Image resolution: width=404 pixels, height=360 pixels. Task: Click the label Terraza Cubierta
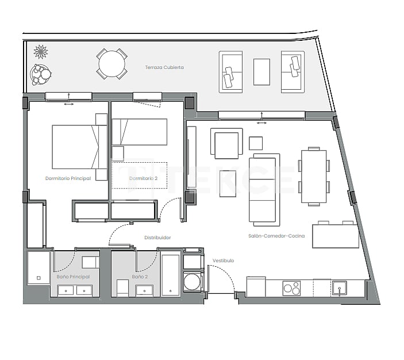(164, 67)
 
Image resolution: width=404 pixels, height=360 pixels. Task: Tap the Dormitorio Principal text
(68, 178)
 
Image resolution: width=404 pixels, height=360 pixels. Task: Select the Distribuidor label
(157, 237)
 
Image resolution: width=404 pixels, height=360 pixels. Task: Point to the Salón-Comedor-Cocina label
(276, 236)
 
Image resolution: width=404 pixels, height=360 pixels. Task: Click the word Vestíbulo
(223, 261)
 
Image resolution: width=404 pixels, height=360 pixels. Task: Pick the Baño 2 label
(140, 277)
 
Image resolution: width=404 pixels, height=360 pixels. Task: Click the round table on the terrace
(111, 63)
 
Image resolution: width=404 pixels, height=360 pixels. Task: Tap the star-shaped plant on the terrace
(41, 52)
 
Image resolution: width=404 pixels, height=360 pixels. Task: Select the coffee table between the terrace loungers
(261, 72)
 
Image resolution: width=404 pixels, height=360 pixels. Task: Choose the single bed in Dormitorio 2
(140, 132)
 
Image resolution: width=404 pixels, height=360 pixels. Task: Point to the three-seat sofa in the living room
(264, 189)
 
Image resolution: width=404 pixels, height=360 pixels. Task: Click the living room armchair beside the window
(226, 143)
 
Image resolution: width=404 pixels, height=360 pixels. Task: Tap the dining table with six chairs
(314, 177)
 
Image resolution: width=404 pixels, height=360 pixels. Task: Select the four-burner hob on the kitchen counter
(291, 288)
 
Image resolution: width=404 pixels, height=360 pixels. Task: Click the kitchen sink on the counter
(340, 288)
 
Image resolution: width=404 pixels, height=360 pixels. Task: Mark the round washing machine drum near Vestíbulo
(193, 282)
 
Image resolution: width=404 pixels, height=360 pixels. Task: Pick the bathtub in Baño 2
(171, 275)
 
